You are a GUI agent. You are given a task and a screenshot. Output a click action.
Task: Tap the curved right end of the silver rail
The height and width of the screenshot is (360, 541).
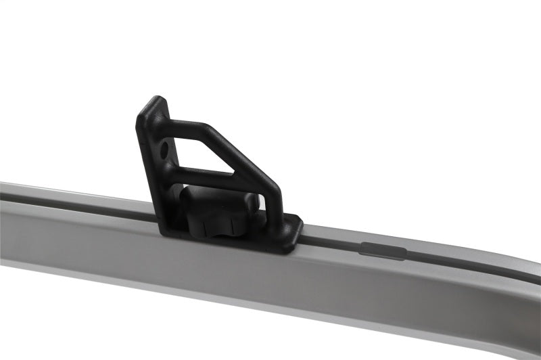pos(524,271)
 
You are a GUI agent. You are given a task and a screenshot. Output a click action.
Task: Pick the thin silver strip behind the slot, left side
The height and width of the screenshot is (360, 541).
pos(68,191)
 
